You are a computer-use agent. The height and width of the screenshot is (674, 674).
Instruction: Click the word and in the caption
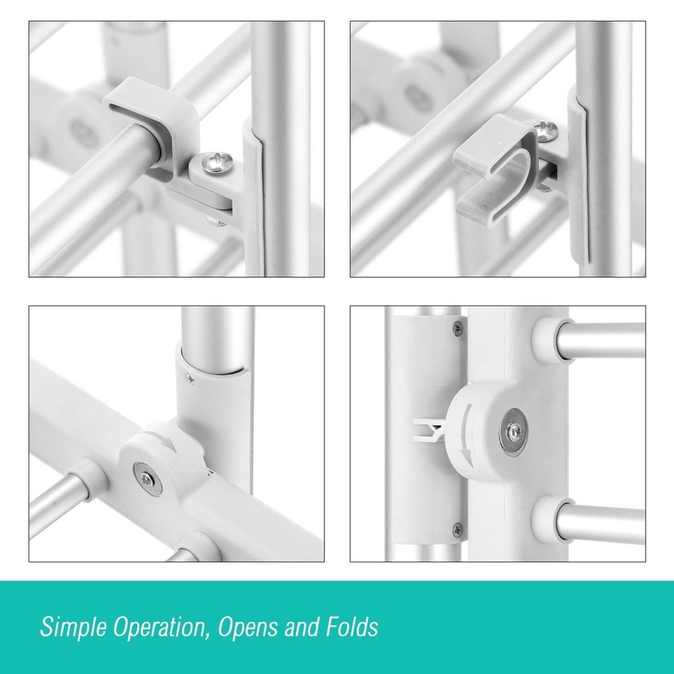(x=301, y=626)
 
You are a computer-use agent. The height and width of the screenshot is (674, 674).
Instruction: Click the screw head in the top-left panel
(x=218, y=163)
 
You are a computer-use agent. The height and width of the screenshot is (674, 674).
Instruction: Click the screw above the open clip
(x=546, y=130)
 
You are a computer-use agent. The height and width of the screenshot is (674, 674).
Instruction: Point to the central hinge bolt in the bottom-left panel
(x=148, y=479)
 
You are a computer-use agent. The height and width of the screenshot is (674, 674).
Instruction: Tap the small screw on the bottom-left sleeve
(x=189, y=378)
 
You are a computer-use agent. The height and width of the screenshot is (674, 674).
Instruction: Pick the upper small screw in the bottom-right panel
(x=458, y=329)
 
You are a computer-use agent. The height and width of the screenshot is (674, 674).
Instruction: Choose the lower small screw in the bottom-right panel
(x=458, y=528)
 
